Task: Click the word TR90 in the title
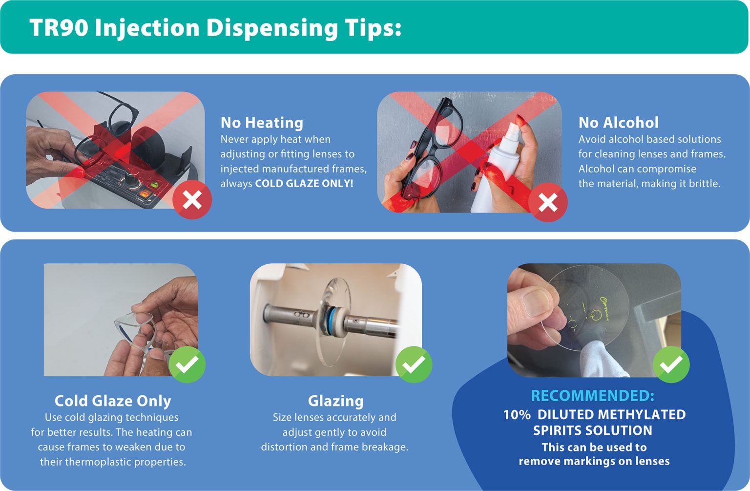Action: pyautogui.click(x=59, y=27)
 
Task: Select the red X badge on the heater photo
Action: pyautogui.click(x=192, y=200)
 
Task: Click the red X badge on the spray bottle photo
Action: pyautogui.click(x=548, y=202)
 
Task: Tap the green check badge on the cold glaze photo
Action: pyautogui.click(x=187, y=364)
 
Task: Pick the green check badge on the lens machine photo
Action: pyautogui.click(x=414, y=364)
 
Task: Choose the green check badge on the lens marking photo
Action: pyautogui.click(x=671, y=364)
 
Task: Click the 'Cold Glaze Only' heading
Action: pyautogui.click(x=113, y=401)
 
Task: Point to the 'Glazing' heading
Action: pyautogui.click(x=335, y=401)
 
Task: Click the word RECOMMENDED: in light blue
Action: pyautogui.click(x=592, y=396)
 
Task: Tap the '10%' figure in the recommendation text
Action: pyautogui.click(x=517, y=415)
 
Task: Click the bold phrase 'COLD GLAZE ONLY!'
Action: pyautogui.click(x=304, y=184)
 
